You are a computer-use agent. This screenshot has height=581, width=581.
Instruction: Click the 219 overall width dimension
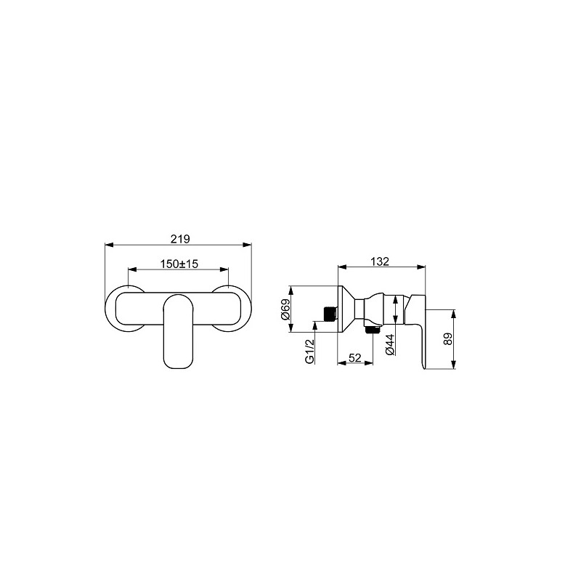coord(180,239)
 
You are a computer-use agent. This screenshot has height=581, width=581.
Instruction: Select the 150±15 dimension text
coord(179,264)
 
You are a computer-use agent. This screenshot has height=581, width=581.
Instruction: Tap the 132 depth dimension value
coord(380,261)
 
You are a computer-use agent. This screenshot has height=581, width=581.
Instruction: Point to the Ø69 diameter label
coord(285,310)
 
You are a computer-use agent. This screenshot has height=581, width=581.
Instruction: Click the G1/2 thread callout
coord(310,351)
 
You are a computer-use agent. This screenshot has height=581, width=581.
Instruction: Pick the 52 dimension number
coord(355,357)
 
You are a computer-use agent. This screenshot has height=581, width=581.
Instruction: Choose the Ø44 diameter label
coord(389,344)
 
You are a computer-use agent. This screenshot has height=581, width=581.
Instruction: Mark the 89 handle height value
coord(448,339)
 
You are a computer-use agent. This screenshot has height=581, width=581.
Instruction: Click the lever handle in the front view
coord(178,331)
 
